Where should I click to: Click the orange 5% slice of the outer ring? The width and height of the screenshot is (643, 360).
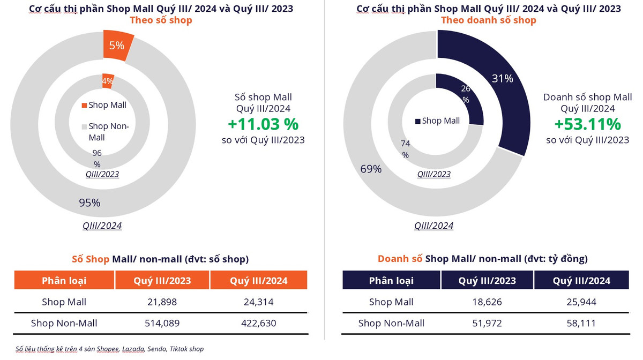tap(117, 46)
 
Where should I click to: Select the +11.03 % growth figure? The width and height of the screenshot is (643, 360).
tap(263, 124)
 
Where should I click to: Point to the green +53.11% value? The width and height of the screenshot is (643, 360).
tap(587, 124)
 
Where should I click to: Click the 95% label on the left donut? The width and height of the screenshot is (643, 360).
tap(89, 202)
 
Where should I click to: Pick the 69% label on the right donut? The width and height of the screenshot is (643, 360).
tap(371, 169)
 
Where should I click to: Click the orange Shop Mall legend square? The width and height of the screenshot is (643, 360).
tap(84, 106)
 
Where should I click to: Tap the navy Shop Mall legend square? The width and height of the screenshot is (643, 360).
tap(418, 121)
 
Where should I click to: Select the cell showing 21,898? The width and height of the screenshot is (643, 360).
tap(162, 302)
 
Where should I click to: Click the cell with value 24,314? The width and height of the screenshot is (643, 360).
tap(258, 302)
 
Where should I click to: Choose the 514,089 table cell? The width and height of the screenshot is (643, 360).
tap(162, 323)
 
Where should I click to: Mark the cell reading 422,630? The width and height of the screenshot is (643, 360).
tap(258, 323)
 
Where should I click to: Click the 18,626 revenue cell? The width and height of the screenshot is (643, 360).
tap(487, 302)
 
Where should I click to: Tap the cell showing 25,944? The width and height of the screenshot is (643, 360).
tap(581, 302)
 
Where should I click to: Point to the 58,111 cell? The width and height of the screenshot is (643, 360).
tap(581, 323)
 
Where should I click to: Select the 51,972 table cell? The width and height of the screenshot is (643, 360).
tap(487, 323)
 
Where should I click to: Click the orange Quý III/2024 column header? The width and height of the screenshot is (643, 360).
tap(258, 281)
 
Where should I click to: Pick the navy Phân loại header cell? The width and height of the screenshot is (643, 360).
tap(391, 281)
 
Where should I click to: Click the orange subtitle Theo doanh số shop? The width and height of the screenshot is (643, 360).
tap(488, 20)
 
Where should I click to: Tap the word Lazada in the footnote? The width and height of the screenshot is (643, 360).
tap(133, 349)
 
